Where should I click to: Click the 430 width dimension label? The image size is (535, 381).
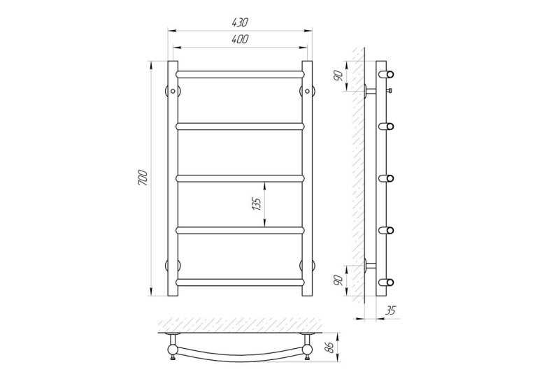pyautogui.click(x=240, y=22)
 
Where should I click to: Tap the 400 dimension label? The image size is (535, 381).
pyautogui.click(x=240, y=40)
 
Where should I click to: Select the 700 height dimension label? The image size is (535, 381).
pyautogui.click(x=143, y=178)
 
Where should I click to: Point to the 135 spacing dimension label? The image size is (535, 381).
pyautogui.click(x=257, y=203)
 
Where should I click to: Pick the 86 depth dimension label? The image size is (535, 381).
pyautogui.click(x=329, y=348)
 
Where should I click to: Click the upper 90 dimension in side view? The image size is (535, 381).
pyautogui.click(x=338, y=76)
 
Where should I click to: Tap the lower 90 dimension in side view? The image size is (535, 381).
pyautogui.click(x=338, y=280)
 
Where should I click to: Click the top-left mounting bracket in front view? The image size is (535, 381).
pyautogui.click(x=173, y=91)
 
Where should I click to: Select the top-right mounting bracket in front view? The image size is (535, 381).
pyautogui.click(x=308, y=91)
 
